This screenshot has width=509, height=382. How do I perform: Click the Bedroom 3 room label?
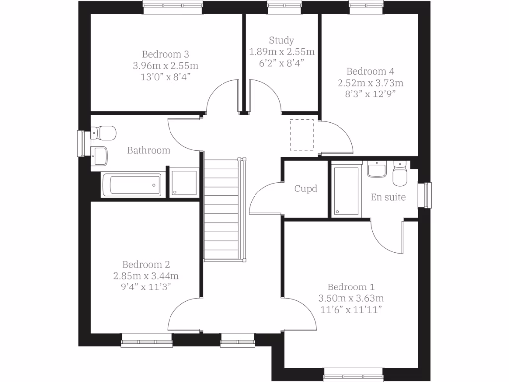tap(166, 54)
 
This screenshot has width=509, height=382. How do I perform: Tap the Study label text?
tap(281, 40)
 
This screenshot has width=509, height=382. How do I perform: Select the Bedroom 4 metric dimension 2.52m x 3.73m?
tap(370, 82)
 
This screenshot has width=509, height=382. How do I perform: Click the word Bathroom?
tap(149, 150)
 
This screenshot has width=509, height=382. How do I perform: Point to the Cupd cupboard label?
tap(305, 189)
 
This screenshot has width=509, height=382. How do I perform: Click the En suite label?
tap(388, 197)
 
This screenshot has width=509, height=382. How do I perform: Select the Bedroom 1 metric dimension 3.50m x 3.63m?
tap(351, 298)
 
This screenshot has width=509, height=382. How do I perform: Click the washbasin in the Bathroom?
tap(99, 155)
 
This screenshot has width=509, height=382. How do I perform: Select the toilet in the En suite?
tap(400, 174)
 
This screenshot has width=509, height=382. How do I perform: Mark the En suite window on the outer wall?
tap(426, 194)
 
